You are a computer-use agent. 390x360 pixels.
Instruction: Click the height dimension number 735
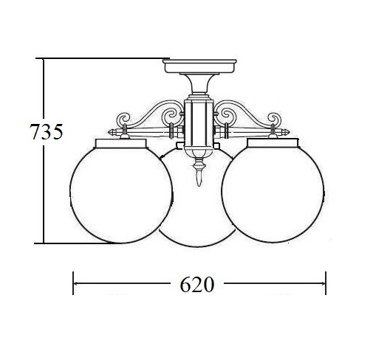(x=47, y=131)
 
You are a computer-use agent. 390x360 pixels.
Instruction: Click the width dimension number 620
(x=196, y=284)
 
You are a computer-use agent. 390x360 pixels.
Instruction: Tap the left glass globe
(x=121, y=194)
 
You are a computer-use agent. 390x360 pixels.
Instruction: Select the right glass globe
(x=273, y=194)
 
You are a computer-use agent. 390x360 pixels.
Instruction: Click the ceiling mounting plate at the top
(x=199, y=66)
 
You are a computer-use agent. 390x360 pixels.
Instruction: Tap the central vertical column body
(x=199, y=123)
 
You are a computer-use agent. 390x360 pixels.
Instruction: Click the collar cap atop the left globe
(x=121, y=143)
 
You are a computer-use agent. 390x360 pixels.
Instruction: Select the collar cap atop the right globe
(x=273, y=143)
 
